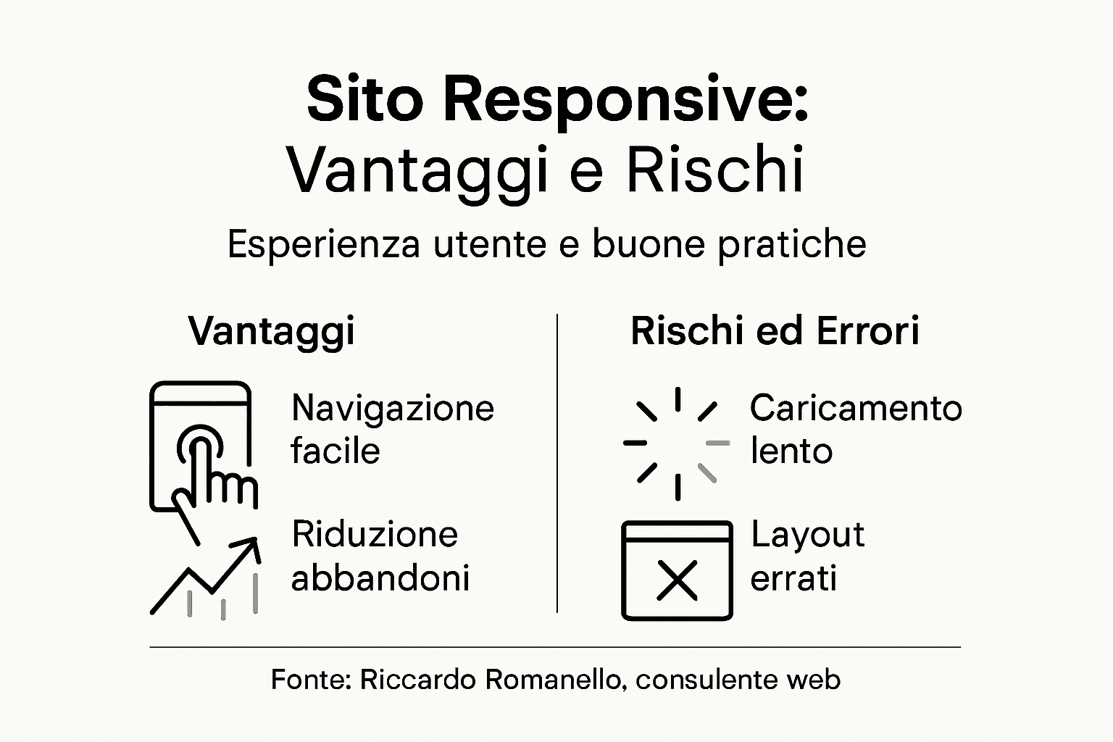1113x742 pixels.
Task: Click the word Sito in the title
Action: (x=364, y=100)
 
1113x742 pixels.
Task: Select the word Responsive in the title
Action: (x=625, y=101)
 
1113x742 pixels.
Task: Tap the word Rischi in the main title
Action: (x=714, y=170)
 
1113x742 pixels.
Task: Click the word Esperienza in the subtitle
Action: (x=323, y=244)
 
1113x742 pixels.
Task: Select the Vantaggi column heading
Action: (x=272, y=331)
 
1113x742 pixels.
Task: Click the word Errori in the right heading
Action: (x=867, y=331)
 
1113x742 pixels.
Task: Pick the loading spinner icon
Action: (x=677, y=443)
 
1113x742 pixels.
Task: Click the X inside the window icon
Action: (x=677, y=580)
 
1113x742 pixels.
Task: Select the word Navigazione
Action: (x=393, y=408)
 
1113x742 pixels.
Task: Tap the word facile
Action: (x=335, y=451)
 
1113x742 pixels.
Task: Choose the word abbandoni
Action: (x=380, y=578)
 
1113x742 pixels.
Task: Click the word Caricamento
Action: (x=856, y=408)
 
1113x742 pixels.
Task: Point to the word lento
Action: (x=791, y=451)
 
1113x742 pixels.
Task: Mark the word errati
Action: (x=793, y=578)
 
